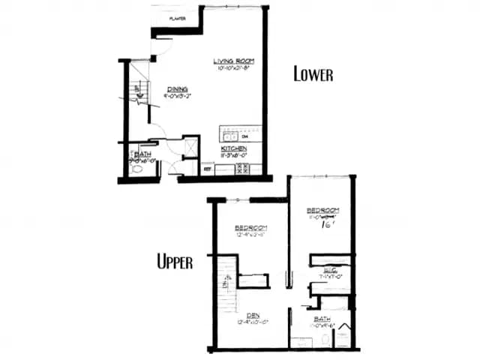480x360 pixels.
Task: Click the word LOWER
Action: coord(313,74)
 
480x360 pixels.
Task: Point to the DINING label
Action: coord(177,88)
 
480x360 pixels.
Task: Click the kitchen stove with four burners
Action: coord(242,169)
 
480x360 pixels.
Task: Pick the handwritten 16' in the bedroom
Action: coord(326,223)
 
